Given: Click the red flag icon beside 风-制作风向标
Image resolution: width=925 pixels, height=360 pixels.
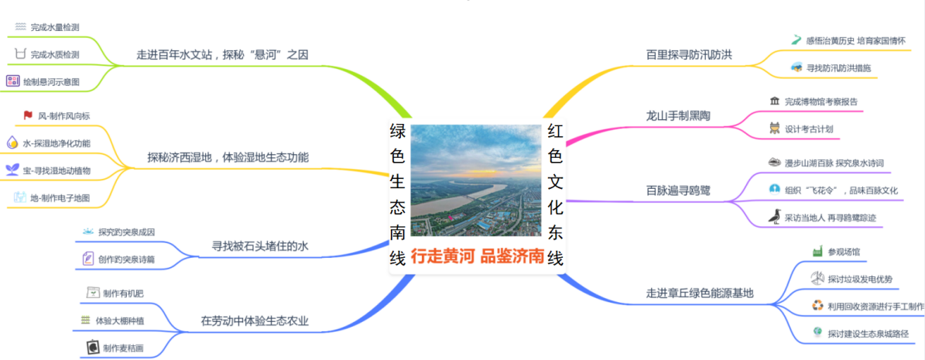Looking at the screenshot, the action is [28, 115].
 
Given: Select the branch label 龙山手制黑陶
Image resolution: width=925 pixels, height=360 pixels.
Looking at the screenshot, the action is [678, 115].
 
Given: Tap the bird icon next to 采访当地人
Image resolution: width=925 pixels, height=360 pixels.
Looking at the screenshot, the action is [774, 217].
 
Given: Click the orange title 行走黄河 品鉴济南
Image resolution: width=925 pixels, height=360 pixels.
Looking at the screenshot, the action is [477, 257].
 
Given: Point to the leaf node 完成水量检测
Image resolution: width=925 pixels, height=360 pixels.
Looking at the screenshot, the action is [56, 27].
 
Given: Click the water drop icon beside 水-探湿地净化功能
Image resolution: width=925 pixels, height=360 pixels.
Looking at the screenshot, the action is [12, 142].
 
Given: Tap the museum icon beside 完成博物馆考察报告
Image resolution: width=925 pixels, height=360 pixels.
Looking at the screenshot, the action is [775, 101].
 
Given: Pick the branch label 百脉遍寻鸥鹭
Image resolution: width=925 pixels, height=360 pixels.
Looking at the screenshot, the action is [678, 190].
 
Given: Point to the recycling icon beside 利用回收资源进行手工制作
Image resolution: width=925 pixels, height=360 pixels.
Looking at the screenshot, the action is [817, 306].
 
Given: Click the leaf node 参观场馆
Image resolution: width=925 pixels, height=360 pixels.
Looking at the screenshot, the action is [844, 252].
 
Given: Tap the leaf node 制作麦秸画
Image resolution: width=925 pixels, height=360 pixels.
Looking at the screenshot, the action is [123, 348].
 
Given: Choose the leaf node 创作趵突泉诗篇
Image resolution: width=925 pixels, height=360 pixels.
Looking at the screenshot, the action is [127, 259].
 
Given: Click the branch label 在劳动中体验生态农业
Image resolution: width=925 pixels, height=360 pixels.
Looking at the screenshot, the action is [255, 321].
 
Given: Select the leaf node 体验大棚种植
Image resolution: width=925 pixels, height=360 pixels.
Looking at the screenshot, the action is [120, 321].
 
